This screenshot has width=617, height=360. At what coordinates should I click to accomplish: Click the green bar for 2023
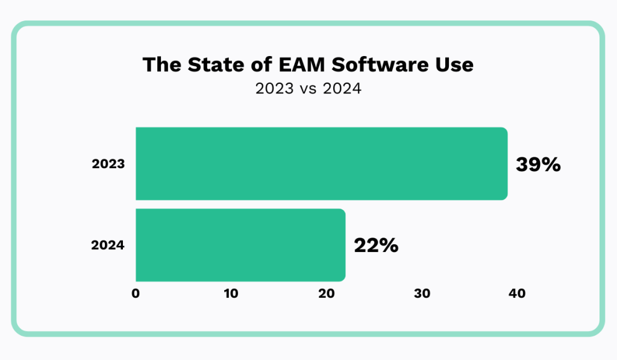pos(321,163)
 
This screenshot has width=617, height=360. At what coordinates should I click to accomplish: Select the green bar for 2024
pos(240,245)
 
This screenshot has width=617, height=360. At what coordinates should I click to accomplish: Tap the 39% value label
pos(538,164)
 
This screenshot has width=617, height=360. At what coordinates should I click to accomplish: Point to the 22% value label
pos(376,245)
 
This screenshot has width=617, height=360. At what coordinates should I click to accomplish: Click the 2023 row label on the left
pos(108,164)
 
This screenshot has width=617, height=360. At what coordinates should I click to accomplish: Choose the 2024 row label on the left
pos(108,245)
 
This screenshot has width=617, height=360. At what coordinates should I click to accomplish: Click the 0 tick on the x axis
pos(136,294)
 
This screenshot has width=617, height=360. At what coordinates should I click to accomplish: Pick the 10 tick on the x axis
pos(231,294)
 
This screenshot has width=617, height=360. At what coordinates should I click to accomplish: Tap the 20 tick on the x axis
pos(326,294)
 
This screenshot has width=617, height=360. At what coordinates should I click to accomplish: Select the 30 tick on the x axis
pos(422,294)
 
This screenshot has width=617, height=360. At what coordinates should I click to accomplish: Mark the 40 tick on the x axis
pos(517,294)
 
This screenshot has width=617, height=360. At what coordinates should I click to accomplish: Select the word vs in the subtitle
pos(308,89)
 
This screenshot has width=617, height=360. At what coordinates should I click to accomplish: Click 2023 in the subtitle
pos(275,89)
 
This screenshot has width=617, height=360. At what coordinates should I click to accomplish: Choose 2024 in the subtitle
pos(341,89)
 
